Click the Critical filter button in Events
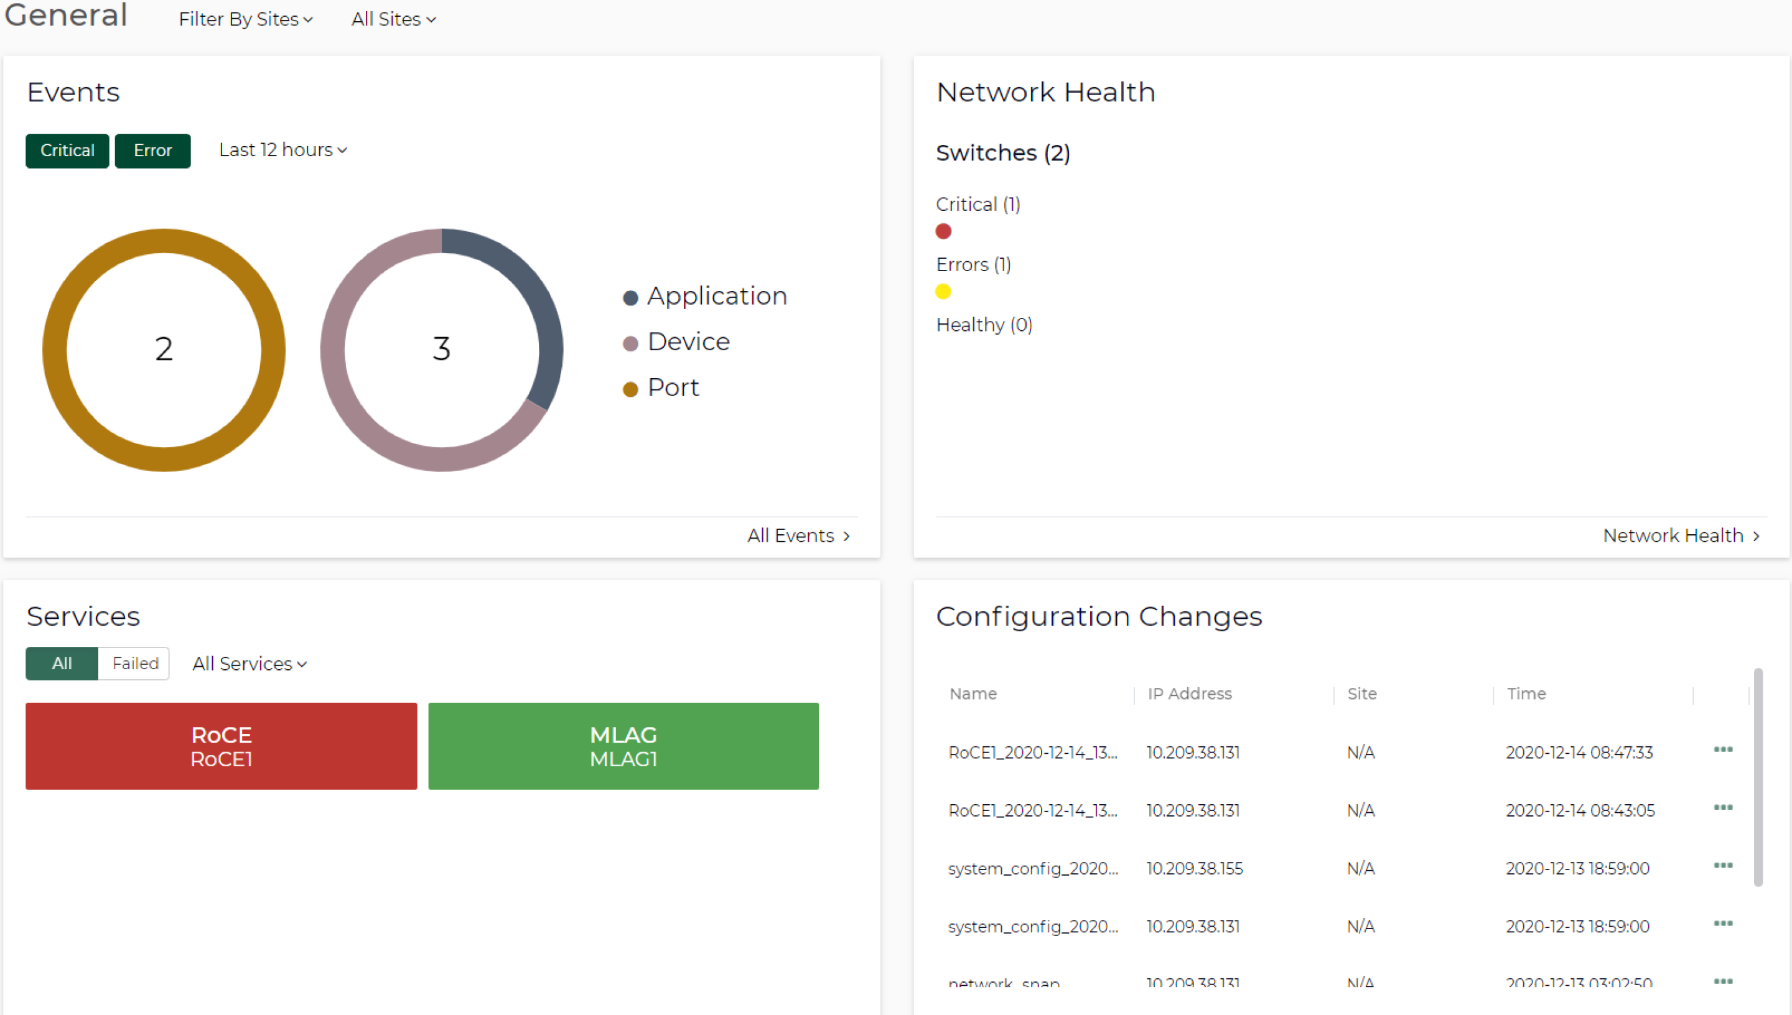[x=67, y=151]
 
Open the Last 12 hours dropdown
[x=282, y=150]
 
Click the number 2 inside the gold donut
[x=164, y=348]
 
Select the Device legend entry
[x=688, y=342]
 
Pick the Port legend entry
[x=672, y=387]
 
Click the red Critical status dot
[x=943, y=231]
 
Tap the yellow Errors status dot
[x=943, y=292]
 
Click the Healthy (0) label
[x=984, y=325]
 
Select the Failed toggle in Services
[x=135, y=663]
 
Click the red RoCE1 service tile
[x=221, y=746]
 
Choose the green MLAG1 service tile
[x=623, y=746]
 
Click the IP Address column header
[x=1190, y=693]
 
